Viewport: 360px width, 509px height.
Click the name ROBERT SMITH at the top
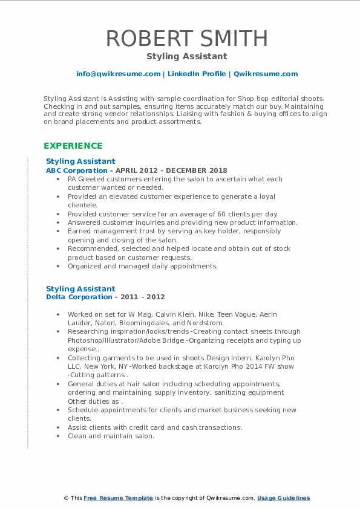pyautogui.click(x=186, y=38)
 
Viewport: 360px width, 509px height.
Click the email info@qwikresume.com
pyautogui.click(x=118, y=74)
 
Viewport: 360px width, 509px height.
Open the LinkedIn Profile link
pyautogui.click(x=197, y=74)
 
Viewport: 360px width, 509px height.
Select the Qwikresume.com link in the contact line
pyautogui.click(x=266, y=74)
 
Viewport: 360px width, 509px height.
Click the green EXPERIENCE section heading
pyautogui.click(x=73, y=146)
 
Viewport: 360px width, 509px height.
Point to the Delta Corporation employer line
pyautogui.click(x=105, y=297)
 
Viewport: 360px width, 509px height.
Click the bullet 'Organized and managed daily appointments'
pyautogui.click(x=142, y=266)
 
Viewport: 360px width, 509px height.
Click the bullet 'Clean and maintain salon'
pyautogui.click(x=111, y=436)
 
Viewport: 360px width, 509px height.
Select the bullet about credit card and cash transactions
pyautogui.click(x=154, y=427)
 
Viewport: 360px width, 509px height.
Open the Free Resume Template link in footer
pyautogui.click(x=118, y=498)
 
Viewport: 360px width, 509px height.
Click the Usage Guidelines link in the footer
pyautogui.click(x=283, y=498)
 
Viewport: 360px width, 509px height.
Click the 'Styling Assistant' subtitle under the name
pyautogui.click(x=186, y=56)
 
